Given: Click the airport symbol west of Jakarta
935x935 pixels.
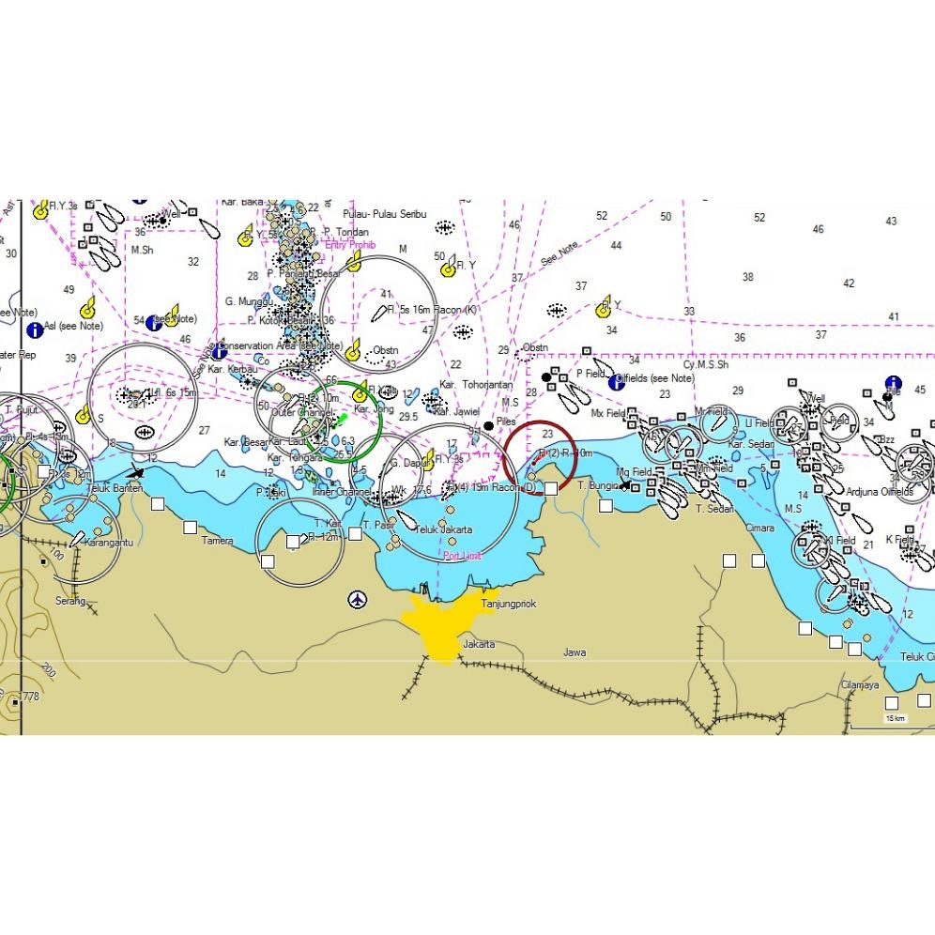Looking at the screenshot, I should point(357,599).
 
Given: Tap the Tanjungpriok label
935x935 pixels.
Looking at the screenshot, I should point(509,605).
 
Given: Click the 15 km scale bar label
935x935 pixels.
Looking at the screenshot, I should point(895,719).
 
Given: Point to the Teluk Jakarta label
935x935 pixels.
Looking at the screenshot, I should point(443,530).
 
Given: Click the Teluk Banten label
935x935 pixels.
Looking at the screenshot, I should point(115,488).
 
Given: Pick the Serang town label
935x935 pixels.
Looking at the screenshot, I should point(69,601).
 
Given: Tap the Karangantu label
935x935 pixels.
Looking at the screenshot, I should point(108,543).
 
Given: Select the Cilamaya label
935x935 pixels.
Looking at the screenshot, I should point(860,685).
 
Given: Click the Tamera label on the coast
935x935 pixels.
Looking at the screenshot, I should point(217,541).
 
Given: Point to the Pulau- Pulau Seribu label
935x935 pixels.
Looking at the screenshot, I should point(385,214).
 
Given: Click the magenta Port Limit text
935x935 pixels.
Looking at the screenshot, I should point(462,556).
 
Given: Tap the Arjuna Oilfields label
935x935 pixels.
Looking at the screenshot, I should point(880,492).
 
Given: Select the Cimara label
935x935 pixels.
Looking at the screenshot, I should point(759,529).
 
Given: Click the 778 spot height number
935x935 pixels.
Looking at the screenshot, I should point(31,697).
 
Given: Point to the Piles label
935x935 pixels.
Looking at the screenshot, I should point(506,422).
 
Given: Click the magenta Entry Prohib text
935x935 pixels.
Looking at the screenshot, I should point(349,245).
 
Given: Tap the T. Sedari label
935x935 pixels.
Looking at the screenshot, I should point(714,509).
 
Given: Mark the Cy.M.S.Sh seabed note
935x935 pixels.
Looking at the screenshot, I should point(706,364).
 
